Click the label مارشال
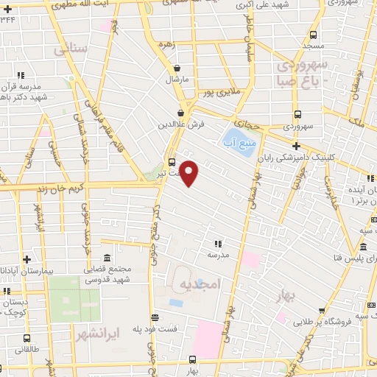pyautogui.click(x=177, y=78)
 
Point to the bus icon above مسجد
pyautogui.click(x=313, y=35)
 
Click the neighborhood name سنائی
pyautogui.click(x=71, y=49)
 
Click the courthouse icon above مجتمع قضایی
pyautogui.click(x=108, y=258)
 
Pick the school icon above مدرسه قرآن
pyautogui.click(x=21, y=74)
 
